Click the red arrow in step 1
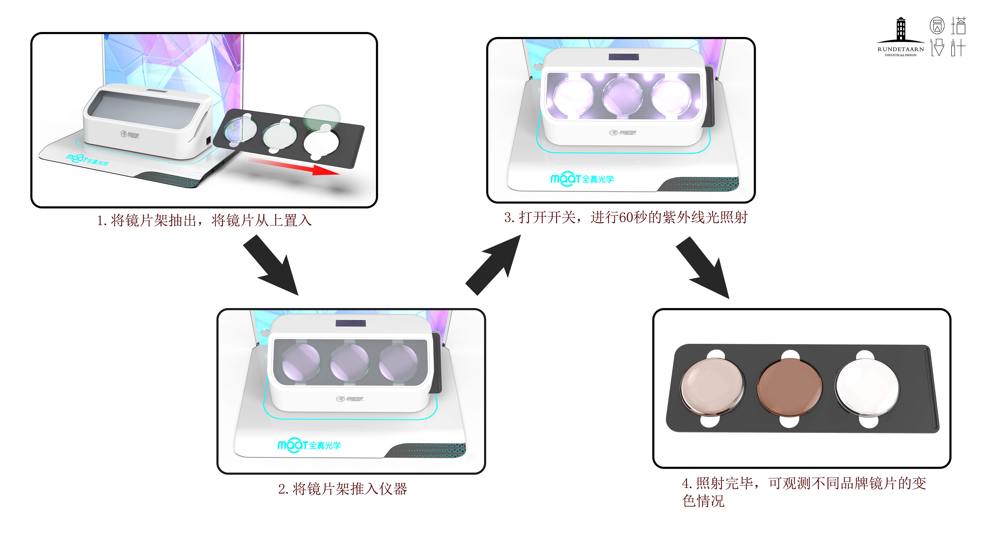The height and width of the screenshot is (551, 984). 294,166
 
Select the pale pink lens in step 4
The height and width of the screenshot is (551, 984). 712,386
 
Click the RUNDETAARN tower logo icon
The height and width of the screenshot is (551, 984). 901,30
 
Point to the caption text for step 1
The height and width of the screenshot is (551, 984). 204,220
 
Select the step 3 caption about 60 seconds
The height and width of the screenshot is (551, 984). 626,217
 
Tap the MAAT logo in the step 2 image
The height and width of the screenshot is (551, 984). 309,445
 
